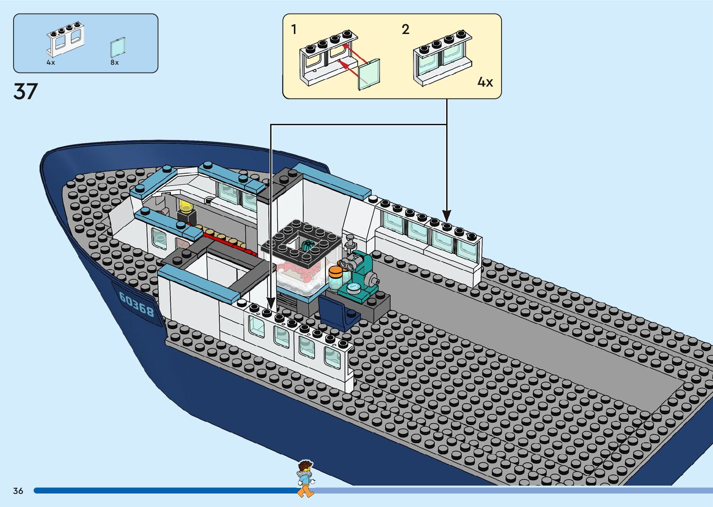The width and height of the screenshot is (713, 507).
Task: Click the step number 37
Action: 25,91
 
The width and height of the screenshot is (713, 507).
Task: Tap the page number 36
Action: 18,491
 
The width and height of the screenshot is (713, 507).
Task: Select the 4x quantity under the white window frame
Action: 51,62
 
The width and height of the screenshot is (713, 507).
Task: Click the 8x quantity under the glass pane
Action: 115,62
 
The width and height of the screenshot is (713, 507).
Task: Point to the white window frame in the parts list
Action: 65,39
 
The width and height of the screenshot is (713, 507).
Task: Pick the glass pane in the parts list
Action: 118,47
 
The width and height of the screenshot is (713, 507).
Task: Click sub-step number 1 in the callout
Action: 294,29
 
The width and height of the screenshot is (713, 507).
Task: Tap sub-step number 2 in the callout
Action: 406,29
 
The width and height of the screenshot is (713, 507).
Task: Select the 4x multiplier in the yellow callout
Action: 485,82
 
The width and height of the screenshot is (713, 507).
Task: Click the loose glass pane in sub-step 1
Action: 369,74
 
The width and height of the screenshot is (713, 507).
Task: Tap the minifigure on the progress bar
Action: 305,478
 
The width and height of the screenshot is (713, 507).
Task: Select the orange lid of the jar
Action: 335,270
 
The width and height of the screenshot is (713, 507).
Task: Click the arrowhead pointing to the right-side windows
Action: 447,216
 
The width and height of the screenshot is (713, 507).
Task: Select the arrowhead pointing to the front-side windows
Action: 271,304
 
